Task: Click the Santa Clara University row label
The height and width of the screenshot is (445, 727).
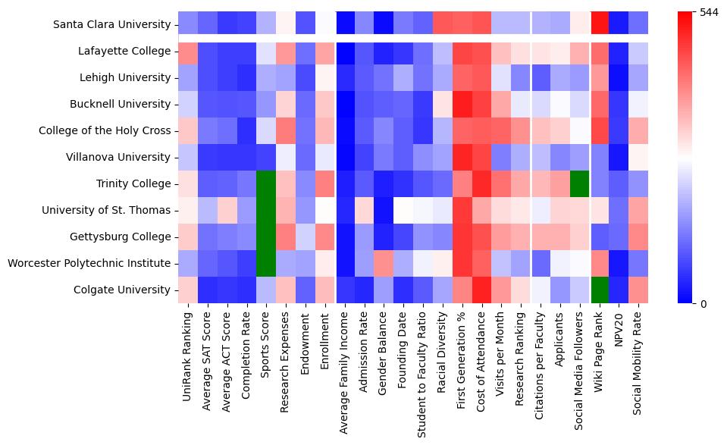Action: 112,24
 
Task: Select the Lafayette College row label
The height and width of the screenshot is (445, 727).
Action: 125,51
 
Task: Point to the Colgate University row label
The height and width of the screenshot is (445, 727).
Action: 122,290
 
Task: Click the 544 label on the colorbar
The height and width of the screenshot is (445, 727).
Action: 710,12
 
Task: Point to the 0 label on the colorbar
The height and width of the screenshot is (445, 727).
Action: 703,304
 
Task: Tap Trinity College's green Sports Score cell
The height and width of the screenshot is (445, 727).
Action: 266,183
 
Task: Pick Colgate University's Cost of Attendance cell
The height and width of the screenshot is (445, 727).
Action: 483,290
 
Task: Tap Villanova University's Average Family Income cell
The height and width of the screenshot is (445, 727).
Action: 345,157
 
